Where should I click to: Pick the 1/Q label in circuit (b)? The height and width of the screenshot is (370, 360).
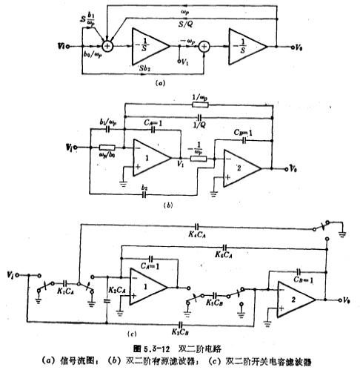click(x=198, y=125)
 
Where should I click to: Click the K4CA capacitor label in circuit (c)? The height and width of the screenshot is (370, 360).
click(x=197, y=235)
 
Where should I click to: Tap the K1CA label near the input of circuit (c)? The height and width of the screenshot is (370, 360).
click(x=68, y=291)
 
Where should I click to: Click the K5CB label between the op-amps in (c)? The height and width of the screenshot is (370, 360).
click(x=216, y=302)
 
